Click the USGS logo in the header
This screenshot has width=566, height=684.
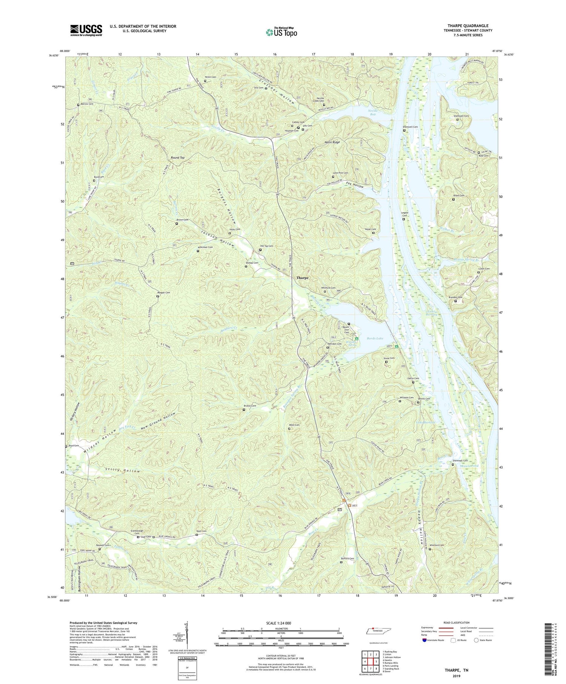(x=86, y=30)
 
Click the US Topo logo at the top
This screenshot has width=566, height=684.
(x=281, y=32)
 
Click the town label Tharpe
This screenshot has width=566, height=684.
(x=302, y=278)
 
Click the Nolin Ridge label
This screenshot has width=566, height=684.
(x=332, y=142)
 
